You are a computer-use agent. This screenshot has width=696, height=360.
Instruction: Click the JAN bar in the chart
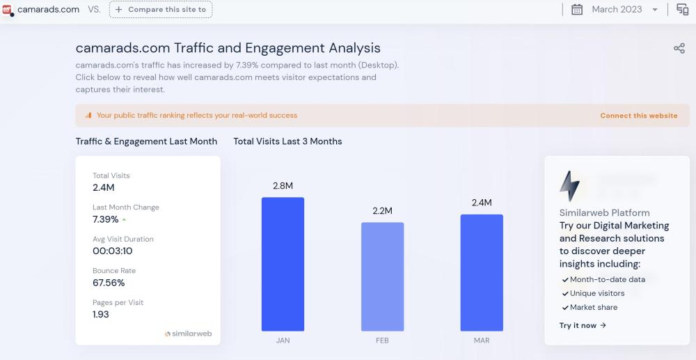point(283,264)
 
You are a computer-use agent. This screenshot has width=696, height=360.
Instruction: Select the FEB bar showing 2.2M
point(382,276)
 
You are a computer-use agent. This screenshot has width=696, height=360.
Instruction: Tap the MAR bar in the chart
point(481,272)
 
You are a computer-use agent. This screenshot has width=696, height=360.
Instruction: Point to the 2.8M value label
point(283,186)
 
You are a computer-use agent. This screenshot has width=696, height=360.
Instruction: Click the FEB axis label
point(382,341)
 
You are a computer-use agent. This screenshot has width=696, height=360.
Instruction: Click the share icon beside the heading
point(679,48)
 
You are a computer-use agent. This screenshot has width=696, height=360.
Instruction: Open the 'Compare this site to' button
point(161,10)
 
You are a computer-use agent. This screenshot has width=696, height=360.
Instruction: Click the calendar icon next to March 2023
point(577,10)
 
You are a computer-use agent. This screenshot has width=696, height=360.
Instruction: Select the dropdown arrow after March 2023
point(655,10)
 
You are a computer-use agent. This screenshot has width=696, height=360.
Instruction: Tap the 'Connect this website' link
point(638,116)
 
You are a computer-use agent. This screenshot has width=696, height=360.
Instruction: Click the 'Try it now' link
point(583,325)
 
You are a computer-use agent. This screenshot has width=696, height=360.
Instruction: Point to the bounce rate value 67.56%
point(109,283)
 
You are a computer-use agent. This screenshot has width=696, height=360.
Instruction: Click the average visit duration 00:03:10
point(112,251)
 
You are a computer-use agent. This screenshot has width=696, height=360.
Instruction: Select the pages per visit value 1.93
point(101,315)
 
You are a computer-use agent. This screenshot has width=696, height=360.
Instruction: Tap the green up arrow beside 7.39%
point(124,220)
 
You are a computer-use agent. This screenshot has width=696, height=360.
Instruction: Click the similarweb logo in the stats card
point(188,334)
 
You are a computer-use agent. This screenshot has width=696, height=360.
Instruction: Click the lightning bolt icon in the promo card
point(569,186)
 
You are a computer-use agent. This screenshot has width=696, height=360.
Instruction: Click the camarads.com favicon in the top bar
point(7,10)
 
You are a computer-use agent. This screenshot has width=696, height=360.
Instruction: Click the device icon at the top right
point(682,10)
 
